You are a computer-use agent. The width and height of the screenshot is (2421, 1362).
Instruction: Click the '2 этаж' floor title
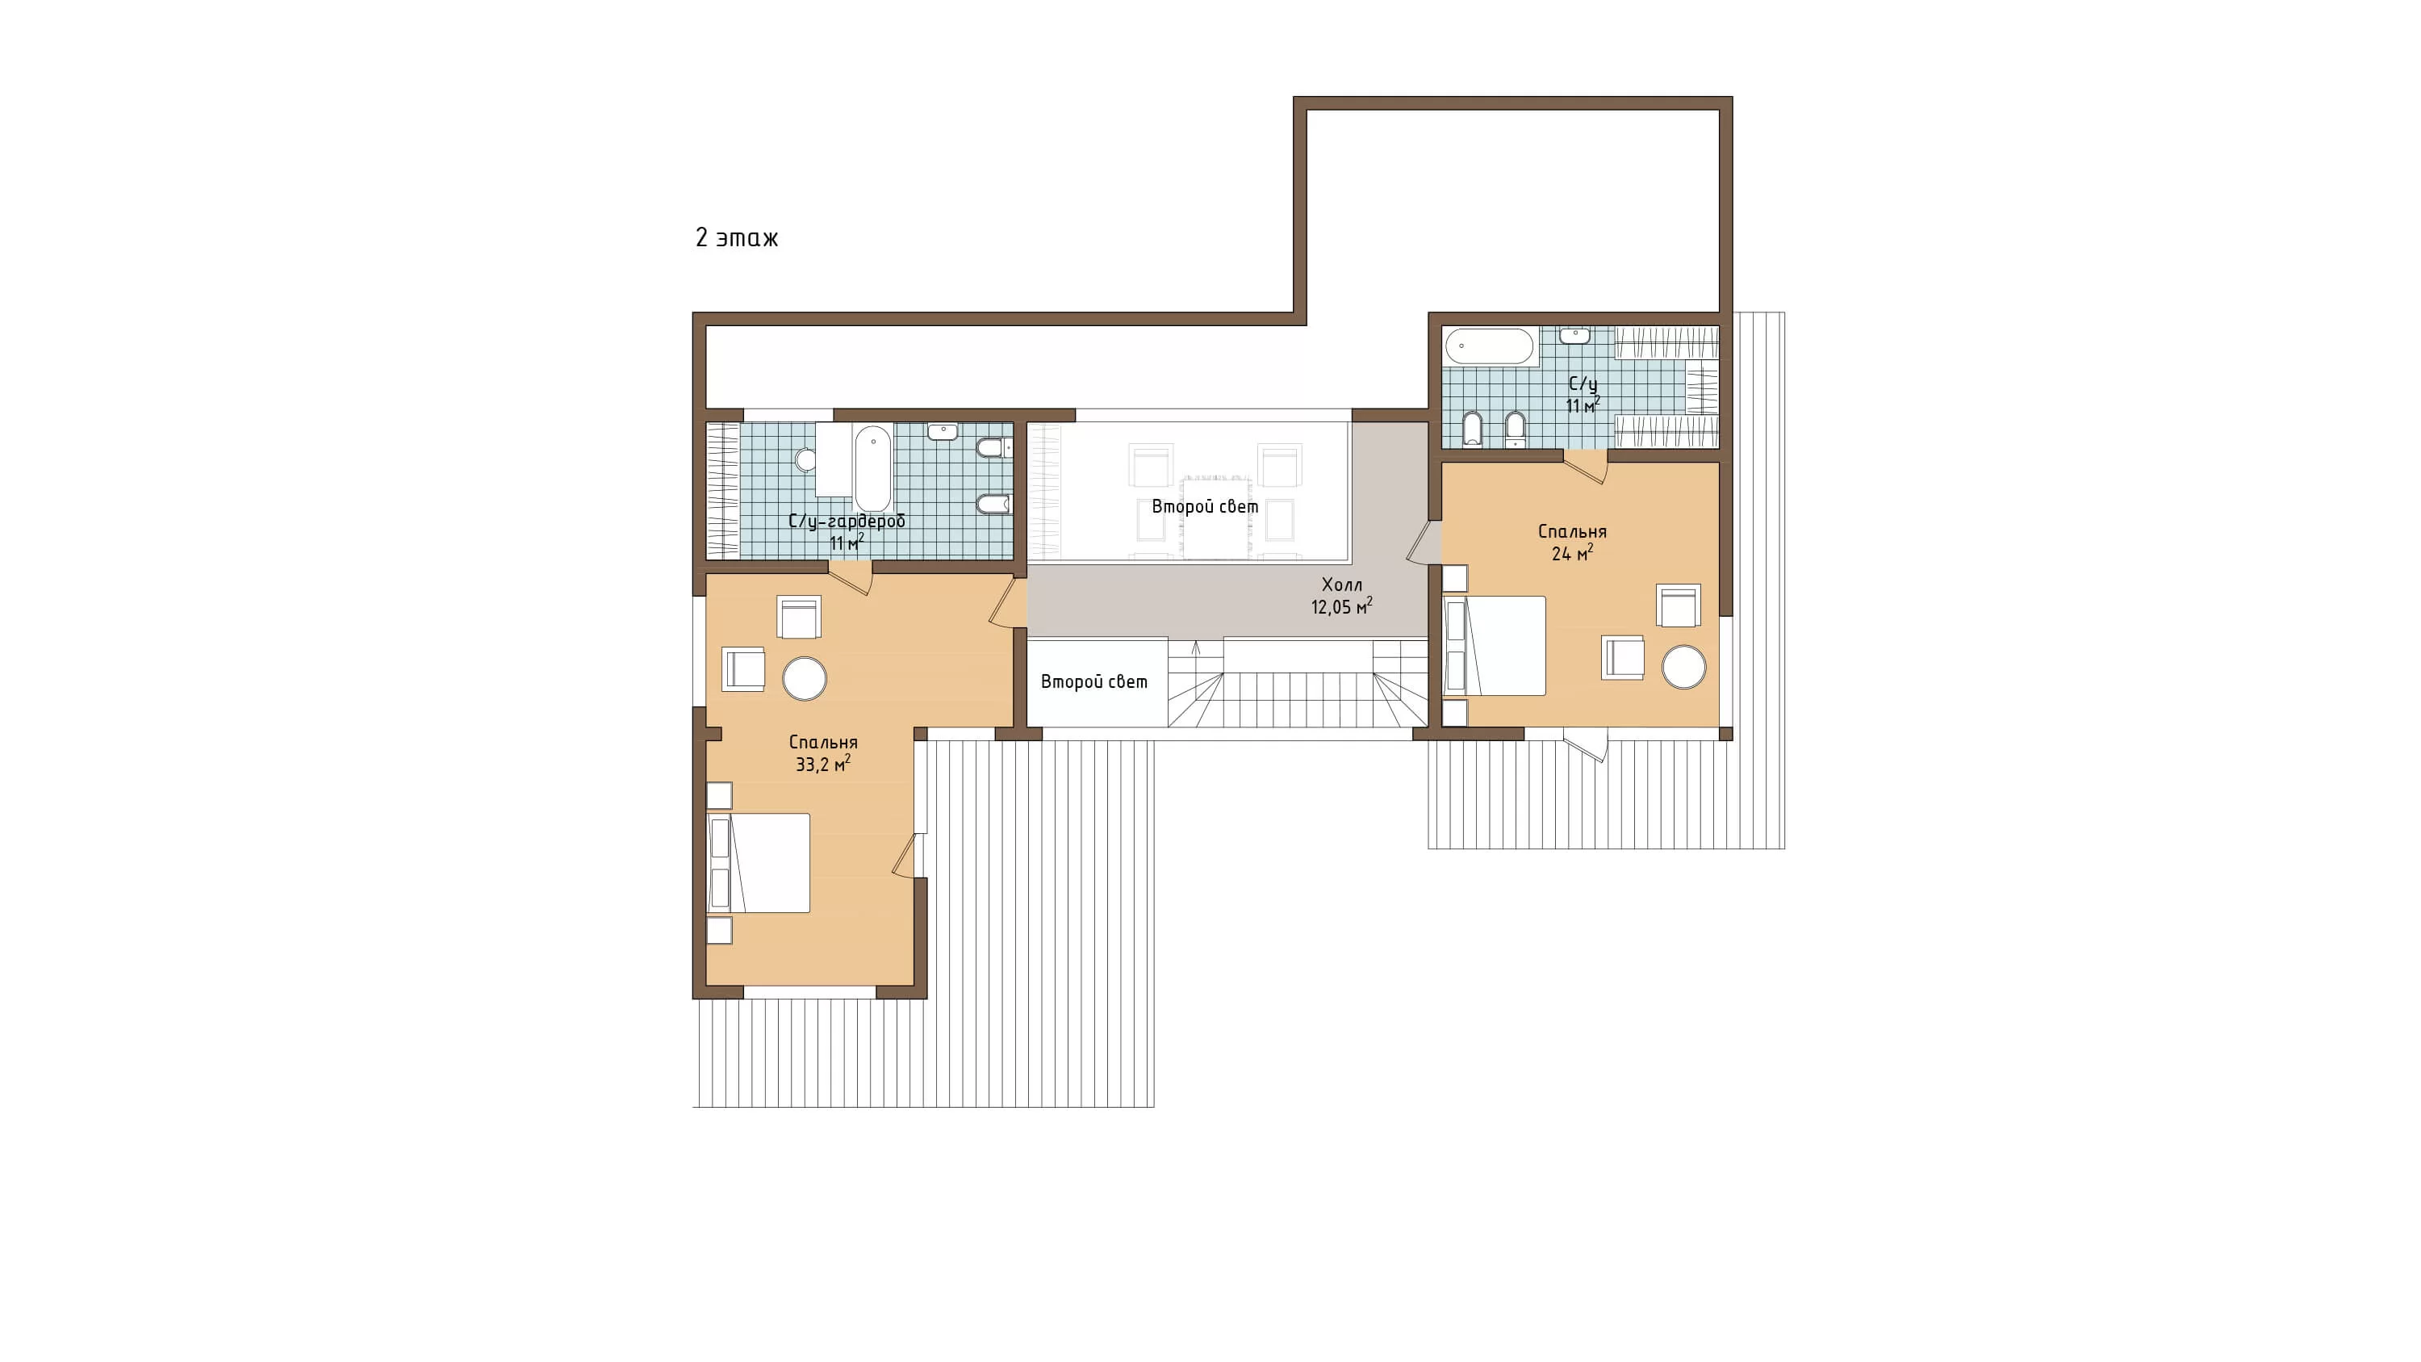(737, 238)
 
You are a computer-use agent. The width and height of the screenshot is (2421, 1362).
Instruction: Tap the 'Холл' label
(1341, 585)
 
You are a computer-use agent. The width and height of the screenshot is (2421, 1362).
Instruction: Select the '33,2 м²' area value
(823, 765)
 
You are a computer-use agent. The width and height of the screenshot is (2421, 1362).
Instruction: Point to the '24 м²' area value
(1572, 554)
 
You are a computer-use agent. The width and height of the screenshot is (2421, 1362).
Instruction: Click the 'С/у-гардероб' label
(847, 522)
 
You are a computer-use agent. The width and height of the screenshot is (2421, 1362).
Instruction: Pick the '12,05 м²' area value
(1341, 606)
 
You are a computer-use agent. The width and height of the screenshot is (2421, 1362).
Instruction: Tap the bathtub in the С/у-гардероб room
(872, 468)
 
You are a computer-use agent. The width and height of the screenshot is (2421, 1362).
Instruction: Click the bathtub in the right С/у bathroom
(1490, 346)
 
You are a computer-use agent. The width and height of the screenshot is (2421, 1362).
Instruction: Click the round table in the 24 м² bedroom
(1683, 668)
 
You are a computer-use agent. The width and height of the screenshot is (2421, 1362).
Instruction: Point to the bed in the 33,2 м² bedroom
(759, 863)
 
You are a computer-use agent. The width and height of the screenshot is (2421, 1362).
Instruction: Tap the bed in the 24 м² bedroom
(1495, 646)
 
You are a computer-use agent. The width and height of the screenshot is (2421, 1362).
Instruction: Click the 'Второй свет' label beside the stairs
(1094, 681)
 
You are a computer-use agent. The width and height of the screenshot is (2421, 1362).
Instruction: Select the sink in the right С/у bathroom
(1575, 336)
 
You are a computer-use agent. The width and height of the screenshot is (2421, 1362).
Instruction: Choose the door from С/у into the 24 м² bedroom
(1586, 466)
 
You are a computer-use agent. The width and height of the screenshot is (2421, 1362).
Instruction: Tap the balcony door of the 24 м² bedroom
(1586, 746)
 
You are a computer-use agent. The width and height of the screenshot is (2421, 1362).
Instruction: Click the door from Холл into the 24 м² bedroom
(1424, 543)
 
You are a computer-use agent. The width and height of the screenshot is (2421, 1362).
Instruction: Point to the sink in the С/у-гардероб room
(942, 431)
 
